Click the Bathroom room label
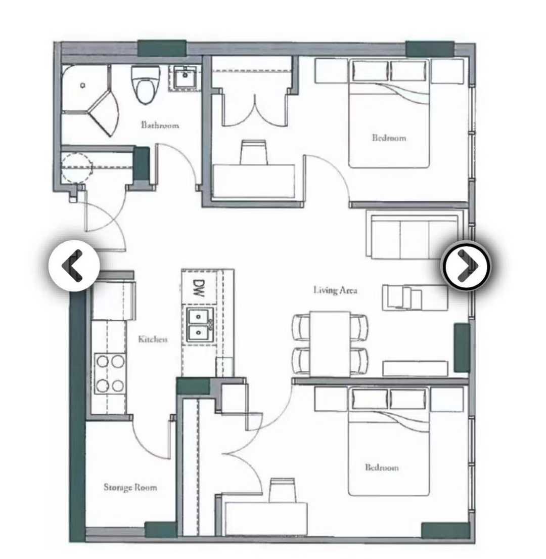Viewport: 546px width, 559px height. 160,125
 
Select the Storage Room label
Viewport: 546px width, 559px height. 130,487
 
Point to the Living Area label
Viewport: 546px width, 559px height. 335,290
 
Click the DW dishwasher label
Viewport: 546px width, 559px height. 199,288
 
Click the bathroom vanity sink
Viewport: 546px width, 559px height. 185,78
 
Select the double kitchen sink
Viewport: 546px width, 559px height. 199,326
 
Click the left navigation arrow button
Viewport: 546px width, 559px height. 74,266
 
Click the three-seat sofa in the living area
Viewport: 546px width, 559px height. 413,237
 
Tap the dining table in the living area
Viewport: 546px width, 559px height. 330,343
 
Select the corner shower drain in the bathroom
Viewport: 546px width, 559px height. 82,85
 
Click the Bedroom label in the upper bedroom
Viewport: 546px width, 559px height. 389,138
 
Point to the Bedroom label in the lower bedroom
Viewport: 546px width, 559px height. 382,467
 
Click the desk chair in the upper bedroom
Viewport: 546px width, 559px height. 254,152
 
